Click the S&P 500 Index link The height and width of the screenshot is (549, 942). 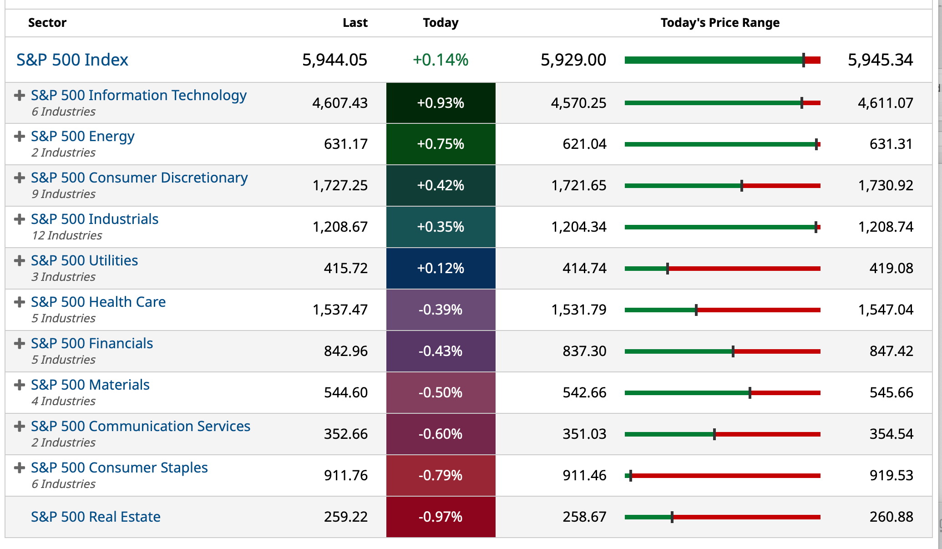(72, 60)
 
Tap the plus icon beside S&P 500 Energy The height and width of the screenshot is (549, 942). (19, 137)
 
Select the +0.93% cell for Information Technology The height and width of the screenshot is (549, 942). (441, 103)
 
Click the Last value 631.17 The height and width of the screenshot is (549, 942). (345, 144)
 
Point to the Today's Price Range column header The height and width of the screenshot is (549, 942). (720, 23)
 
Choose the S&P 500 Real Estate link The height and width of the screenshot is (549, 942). (96, 517)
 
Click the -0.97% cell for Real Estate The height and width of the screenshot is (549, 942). (441, 517)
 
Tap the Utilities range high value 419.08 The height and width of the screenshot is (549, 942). (891, 268)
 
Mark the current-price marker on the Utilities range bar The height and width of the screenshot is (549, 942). (668, 269)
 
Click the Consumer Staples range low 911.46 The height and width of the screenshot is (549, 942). (584, 475)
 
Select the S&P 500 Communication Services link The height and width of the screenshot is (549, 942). (141, 426)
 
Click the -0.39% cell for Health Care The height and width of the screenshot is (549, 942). (441, 310)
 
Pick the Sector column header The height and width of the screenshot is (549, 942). (47, 23)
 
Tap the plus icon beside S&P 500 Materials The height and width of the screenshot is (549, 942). (19, 385)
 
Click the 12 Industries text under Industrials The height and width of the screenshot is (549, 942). (67, 235)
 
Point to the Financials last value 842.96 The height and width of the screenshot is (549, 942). (345, 351)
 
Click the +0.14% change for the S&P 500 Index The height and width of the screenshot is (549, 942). (441, 60)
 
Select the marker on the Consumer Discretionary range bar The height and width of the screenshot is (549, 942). (742, 186)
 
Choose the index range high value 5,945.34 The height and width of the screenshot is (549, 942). (880, 60)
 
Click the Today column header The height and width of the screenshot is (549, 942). (441, 23)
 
